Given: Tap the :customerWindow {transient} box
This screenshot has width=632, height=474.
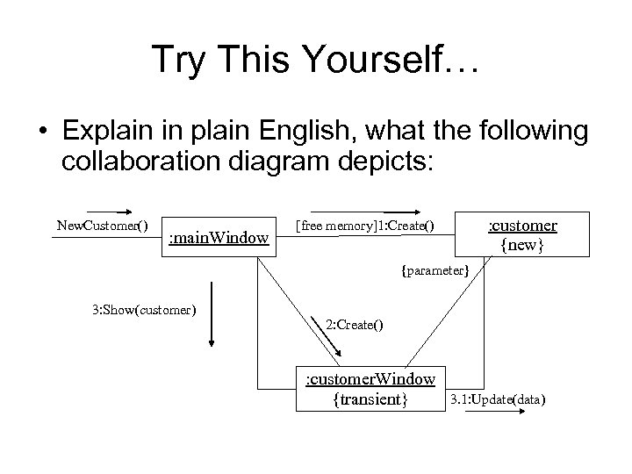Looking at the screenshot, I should (x=370, y=389).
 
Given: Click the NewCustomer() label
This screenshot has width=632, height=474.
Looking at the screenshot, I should (x=102, y=226).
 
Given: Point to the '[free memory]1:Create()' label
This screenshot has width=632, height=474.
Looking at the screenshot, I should (x=363, y=226).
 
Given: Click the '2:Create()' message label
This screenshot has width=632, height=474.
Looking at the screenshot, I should (x=354, y=325).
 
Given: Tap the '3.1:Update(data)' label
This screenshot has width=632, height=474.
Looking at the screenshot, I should (x=498, y=400).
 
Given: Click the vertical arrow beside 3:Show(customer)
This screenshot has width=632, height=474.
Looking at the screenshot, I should (x=212, y=317).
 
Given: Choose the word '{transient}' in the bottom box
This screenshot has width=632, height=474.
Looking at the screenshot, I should (x=370, y=399).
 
